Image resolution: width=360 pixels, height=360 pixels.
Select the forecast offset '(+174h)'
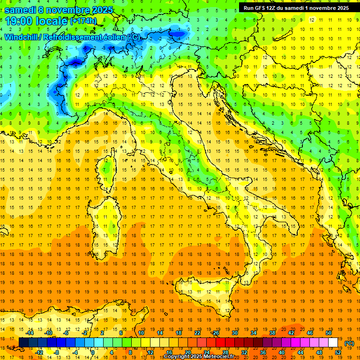(x=83, y=21)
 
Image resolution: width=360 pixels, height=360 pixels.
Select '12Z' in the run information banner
(x=274, y=8)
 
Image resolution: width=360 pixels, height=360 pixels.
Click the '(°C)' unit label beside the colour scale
(x=349, y=343)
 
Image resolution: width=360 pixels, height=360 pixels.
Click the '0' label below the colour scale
(x=93, y=352)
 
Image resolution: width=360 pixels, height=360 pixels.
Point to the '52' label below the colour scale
(x=338, y=352)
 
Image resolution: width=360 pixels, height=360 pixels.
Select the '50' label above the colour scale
(x=328, y=333)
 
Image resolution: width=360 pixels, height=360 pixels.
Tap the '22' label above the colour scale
(x=197, y=333)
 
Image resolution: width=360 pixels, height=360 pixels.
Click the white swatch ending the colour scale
(x=333, y=343)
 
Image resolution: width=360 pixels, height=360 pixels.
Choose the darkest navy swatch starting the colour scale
(x=23, y=343)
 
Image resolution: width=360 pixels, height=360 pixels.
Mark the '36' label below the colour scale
(x=262, y=352)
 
